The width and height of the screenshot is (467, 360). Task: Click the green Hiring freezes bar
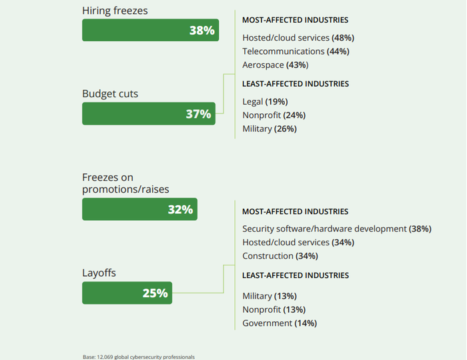(150, 30)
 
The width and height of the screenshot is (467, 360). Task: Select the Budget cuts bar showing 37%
(148, 113)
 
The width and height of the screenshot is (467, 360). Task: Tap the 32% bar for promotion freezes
(139, 209)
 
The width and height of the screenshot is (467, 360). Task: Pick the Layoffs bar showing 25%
(127, 293)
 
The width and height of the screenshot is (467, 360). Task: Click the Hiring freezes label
(115, 11)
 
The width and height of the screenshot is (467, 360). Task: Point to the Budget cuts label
(110, 94)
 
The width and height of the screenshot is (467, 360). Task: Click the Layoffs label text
(99, 273)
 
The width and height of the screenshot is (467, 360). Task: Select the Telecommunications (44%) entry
(296, 51)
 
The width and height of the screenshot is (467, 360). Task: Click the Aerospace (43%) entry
(275, 65)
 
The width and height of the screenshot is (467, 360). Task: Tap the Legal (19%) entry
(265, 102)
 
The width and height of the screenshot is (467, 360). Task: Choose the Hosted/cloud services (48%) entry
(298, 38)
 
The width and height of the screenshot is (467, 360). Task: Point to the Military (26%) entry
(270, 129)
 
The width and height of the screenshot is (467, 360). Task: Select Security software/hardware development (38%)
(337, 229)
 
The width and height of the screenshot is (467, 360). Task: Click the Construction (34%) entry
(279, 256)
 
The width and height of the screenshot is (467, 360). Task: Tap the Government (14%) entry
(280, 323)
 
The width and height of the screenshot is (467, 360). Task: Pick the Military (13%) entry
(270, 296)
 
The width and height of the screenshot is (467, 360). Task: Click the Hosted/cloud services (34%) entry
(298, 242)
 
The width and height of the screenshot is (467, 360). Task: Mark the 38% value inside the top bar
(201, 30)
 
